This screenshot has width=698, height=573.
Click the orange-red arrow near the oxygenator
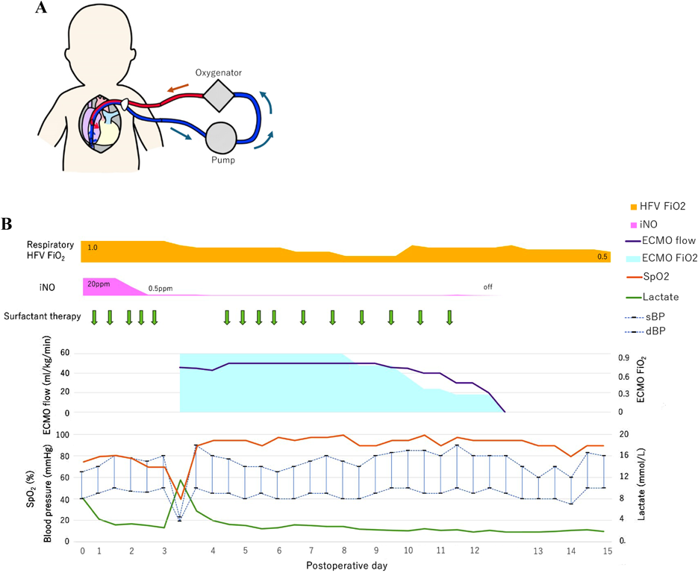coord(177,90)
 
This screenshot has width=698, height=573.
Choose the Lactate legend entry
coord(657,296)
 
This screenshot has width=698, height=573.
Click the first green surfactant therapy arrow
coord(94,317)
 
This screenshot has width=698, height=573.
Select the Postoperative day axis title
coord(346,566)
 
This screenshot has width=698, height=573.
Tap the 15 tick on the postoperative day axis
coord(608,551)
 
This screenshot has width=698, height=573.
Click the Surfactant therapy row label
coord(43,316)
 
